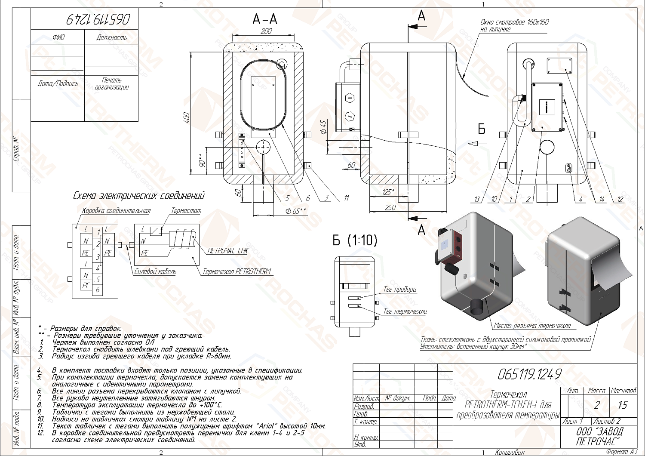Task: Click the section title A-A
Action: (264, 19)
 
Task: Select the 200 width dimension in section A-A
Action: (266, 31)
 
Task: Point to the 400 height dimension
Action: (186, 118)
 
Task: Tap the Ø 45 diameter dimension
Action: (324, 127)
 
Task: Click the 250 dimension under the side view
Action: (390, 207)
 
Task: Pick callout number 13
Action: (476, 199)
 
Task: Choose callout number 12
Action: (620, 199)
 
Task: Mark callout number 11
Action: (347, 198)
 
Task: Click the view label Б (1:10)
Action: (355, 240)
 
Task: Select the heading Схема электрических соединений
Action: (138, 196)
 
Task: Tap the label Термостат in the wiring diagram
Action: (186, 211)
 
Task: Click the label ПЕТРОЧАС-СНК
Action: (227, 251)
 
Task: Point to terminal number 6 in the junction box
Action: (98, 290)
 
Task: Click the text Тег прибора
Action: (399, 290)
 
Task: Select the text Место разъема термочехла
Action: (532, 326)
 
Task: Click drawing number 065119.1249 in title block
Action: (529, 374)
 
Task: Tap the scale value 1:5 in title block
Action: (622, 405)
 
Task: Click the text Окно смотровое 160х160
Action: (514, 22)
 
